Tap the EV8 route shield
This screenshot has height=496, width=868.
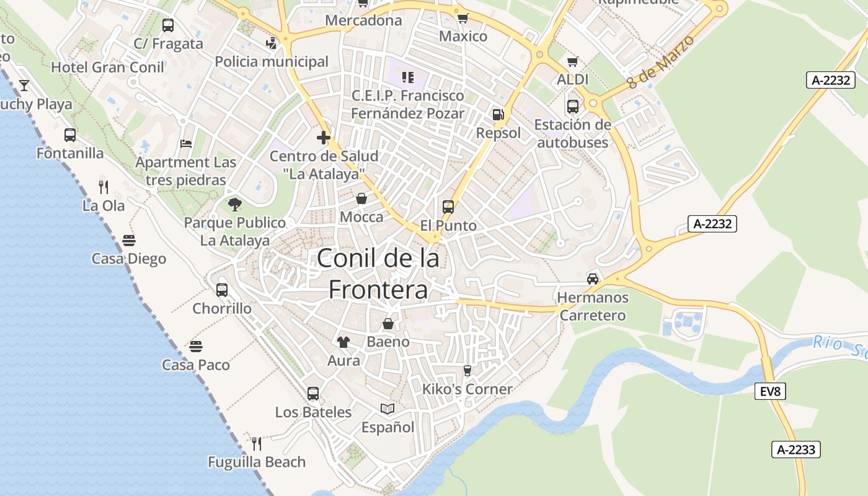tap(771, 391)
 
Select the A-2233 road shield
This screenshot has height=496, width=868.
tap(796, 449)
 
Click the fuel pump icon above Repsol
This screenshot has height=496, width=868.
tap(498, 115)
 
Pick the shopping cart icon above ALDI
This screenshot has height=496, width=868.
tap(572, 61)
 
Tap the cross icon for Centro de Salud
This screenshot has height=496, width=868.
tap(323, 138)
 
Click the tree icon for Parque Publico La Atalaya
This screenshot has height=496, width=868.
tap(235, 204)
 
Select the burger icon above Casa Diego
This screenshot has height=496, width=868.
tap(129, 240)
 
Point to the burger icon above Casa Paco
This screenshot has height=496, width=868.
tap(196, 346)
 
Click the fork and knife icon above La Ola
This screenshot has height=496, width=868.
tap(104, 186)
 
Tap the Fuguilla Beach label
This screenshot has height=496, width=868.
tap(257, 462)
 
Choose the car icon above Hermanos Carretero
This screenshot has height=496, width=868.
tap(593, 278)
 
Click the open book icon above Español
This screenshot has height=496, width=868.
tap(387, 409)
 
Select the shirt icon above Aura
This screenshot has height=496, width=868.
tap(343, 342)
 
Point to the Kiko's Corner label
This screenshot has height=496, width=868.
tap(467, 389)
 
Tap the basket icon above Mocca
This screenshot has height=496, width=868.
tap(361, 199)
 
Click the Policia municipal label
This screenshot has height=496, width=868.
tap(272, 61)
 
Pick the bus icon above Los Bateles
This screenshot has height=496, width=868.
tap(313, 393)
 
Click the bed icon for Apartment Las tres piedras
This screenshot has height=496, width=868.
tap(186, 144)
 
